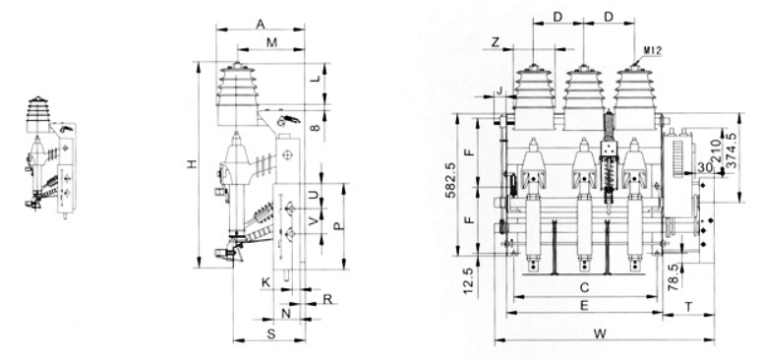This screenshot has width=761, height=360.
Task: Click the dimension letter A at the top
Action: [261, 24]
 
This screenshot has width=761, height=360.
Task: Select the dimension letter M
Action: [271, 42]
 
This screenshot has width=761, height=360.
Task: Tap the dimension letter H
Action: [193, 164]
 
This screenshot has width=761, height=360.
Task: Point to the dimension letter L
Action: [315, 78]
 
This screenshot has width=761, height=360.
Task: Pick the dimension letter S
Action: [271, 333]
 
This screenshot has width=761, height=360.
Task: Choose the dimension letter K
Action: [265, 282]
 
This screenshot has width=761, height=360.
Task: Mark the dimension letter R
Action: [327, 299]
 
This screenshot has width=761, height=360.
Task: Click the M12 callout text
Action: [653, 50]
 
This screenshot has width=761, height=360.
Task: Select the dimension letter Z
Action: [495, 42]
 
